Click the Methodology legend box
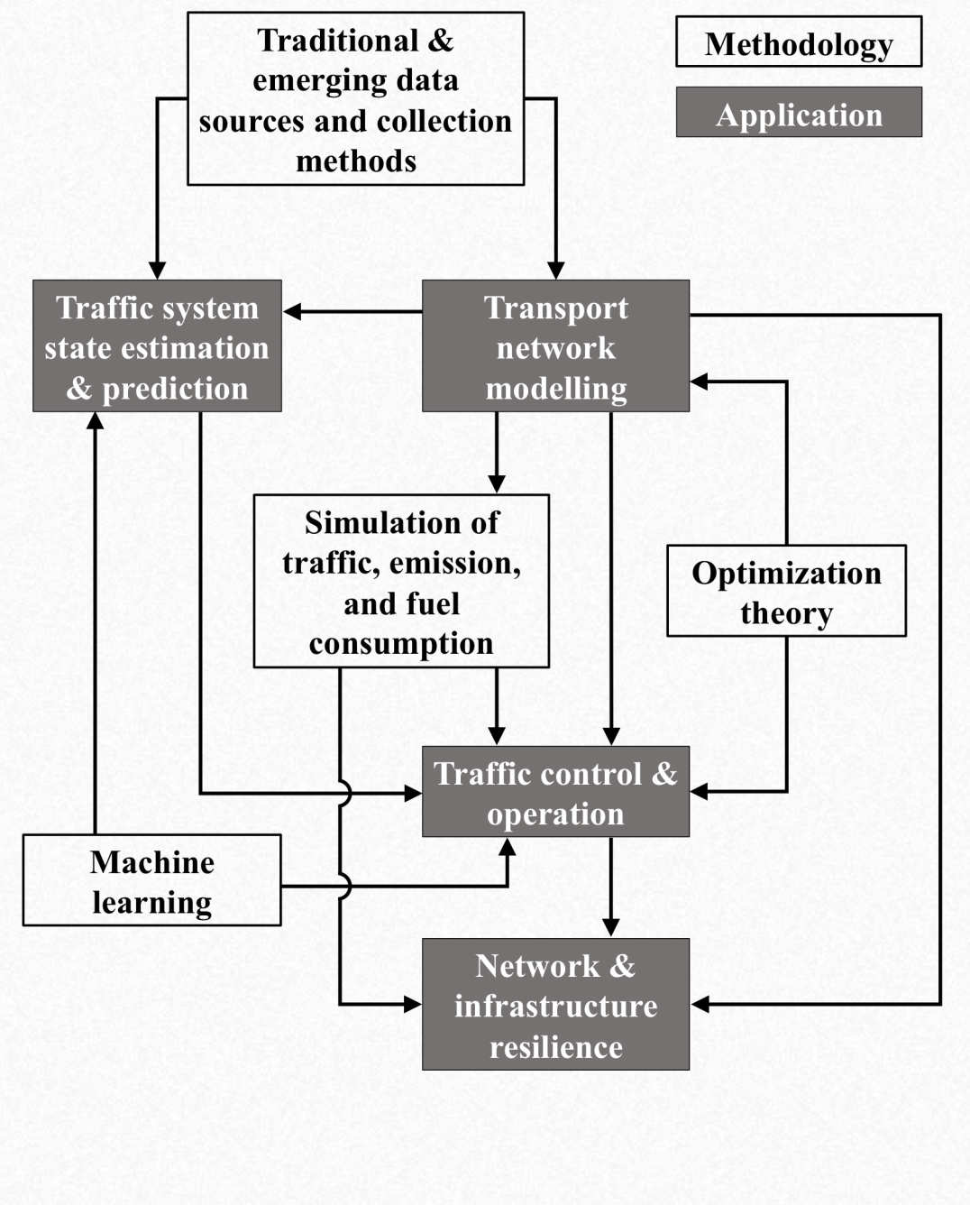pyautogui.click(x=799, y=42)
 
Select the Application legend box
pyautogui.click(x=799, y=113)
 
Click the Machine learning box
pyautogui.click(x=151, y=880)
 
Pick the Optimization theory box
pyautogui.click(x=786, y=591)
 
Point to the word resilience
pyautogui.click(x=556, y=1046)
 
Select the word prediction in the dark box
pyautogui.click(x=175, y=388)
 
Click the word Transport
pyautogui.click(x=556, y=308)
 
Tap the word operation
pyautogui.click(x=556, y=814)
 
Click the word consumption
pyautogui.click(x=401, y=643)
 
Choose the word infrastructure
pyautogui.click(x=556, y=1006)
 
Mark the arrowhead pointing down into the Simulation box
pyautogui.click(x=497, y=483)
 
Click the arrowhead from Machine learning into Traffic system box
pyautogui.click(x=95, y=421)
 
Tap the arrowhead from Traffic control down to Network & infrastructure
pyautogui.click(x=611, y=927)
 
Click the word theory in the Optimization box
pyautogui.click(x=786, y=613)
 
